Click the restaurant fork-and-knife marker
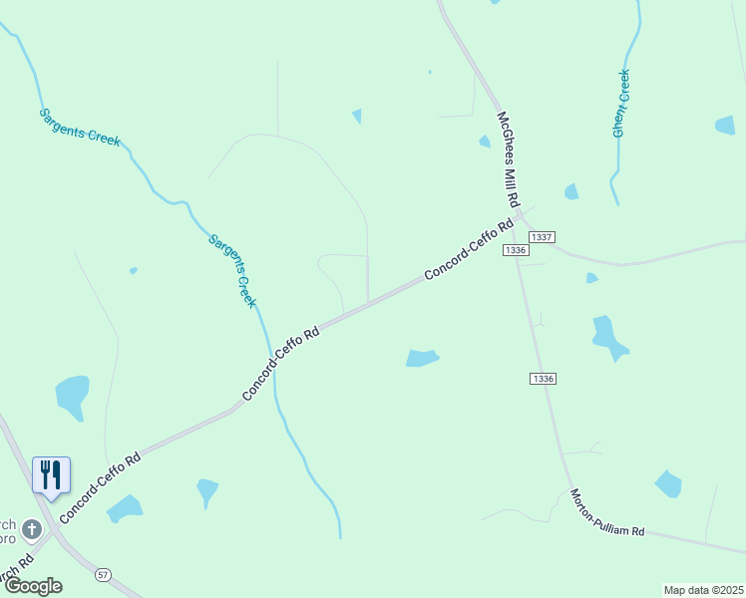51,474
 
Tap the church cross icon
32,527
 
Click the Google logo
32,586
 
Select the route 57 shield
103,575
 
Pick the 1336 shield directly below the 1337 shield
515,250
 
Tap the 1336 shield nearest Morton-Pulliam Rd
543,379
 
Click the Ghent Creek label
621,103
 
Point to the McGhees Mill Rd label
509,159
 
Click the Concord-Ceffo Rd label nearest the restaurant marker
100,488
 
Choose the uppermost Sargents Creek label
80,127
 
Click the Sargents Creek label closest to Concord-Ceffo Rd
232,270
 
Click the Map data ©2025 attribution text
703,590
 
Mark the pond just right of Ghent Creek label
725,126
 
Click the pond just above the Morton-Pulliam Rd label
668,484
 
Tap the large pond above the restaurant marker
72,396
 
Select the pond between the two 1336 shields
609,336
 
